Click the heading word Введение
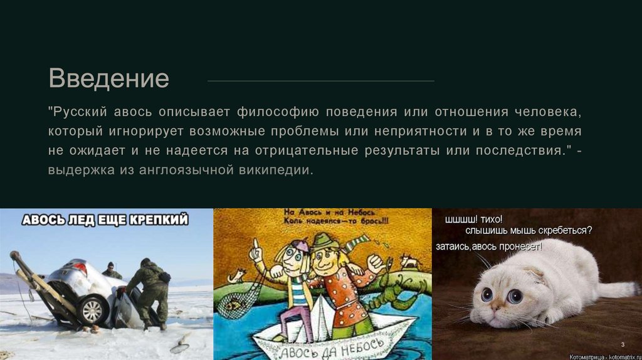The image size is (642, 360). [x=109, y=79]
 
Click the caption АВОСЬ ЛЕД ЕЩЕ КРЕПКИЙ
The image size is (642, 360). [x=105, y=220]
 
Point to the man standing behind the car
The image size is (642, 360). [x=111, y=270]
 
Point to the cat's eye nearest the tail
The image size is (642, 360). [x=515, y=295]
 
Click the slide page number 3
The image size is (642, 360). [x=623, y=344]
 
